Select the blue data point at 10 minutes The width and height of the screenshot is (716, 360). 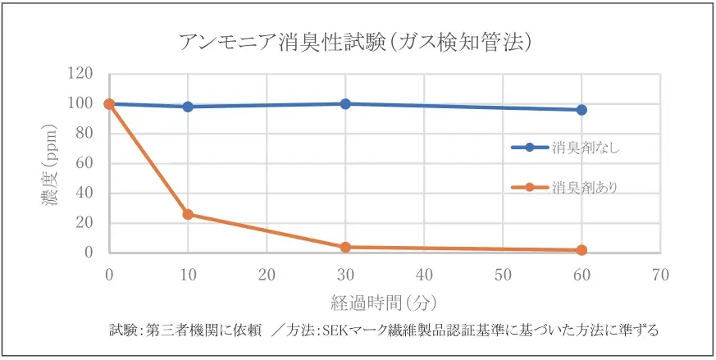pos(188,107)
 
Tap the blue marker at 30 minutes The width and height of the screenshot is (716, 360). pos(345,104)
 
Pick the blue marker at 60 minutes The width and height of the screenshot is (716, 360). pos(581,110)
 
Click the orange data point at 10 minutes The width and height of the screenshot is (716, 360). pos(188,214)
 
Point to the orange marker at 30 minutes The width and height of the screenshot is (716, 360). pos(345,247)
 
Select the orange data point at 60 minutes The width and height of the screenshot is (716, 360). pos(581,250)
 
